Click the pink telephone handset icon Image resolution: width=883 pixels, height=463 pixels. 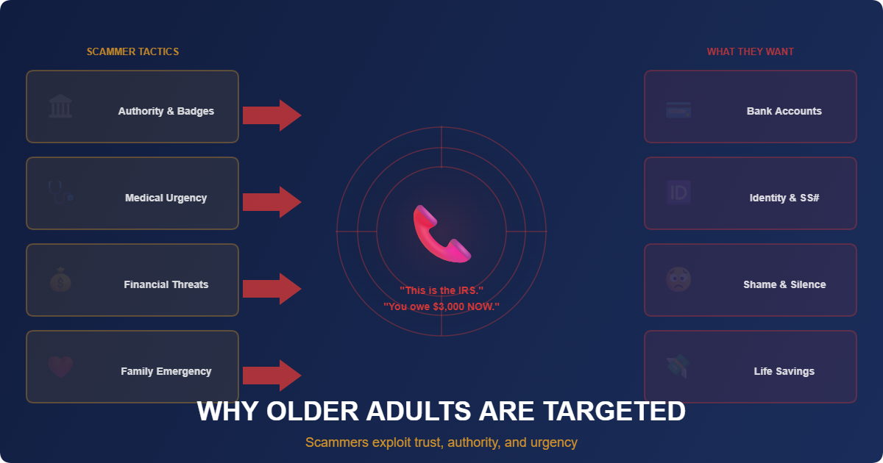coord(441,234)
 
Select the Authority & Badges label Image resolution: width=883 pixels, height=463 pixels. coord(166,111)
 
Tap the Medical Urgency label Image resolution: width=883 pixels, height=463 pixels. coord(166,198)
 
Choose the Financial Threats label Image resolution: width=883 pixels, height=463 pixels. coord(166,284)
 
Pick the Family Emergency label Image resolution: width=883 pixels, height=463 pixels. coord(166,371)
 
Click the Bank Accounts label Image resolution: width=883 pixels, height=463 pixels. coord(784,111)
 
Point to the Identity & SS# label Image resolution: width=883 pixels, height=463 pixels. coord(784,198)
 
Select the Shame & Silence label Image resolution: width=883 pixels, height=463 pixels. coord(784,284)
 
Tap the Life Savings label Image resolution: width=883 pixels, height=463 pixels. coord(784,371)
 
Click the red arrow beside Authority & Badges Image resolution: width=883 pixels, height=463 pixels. coord(272,115)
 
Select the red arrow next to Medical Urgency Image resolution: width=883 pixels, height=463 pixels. coord(272,201)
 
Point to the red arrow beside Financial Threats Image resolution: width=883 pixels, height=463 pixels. coord(272,288)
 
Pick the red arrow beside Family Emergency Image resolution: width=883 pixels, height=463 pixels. coord(272,375)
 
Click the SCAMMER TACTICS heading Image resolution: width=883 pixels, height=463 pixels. coord(132,51)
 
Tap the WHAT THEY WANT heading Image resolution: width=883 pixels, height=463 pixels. coord(750,51)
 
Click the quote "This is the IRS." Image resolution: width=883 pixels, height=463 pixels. coord(441,290)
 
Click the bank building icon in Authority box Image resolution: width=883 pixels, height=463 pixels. coord(60,107)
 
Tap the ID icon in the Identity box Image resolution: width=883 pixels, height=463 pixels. coord(678,193)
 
